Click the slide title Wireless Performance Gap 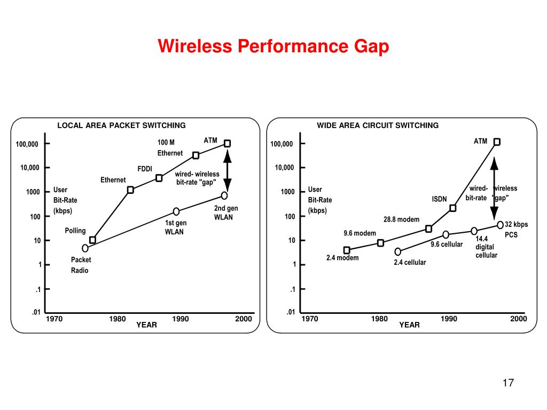273,47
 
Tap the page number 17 507,383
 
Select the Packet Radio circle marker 85,248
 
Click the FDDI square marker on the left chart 159,178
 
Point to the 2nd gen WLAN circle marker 224,195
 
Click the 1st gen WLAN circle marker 176,211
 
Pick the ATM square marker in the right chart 497,142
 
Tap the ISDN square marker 452,208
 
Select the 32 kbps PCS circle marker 500,225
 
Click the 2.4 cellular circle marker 397,252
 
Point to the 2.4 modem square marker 347,250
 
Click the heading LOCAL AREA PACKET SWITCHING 121,125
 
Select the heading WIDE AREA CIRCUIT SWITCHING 377,125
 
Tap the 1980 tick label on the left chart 118,319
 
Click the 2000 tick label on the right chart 518,319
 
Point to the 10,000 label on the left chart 30,168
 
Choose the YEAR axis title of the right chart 409,325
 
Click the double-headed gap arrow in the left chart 227,171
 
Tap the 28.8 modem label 401,219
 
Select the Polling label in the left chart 75,231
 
